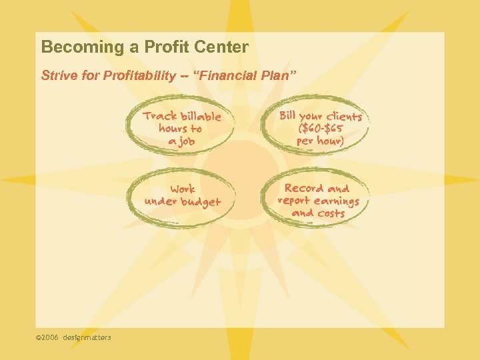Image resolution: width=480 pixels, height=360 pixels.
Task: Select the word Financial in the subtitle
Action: pyautogui.click(x=231, y=76)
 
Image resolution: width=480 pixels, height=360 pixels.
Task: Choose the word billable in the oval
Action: pyautogui.click(x=198, y=116)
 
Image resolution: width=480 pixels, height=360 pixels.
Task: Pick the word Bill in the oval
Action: pyautogui.click(x=287, y=115)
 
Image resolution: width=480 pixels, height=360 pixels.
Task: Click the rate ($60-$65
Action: pyautogui.click(x=321, y=128)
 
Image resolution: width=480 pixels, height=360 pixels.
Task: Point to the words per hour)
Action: pyautogui.click(x=321, y=141)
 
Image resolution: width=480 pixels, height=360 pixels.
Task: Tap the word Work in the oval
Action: pyautogui.click(x=183, y=189)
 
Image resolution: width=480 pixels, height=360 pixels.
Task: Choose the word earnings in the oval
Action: pyautogui.click(x=337, y=201)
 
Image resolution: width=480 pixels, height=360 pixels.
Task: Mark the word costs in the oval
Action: pyautogui.click(x=331, y=213)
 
